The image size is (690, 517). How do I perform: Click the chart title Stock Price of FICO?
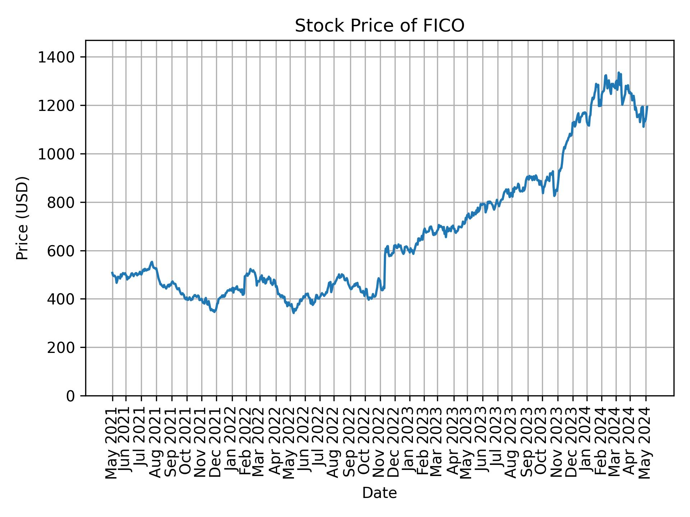[x=379, y=26]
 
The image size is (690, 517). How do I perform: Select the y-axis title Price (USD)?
[x=23, y=218]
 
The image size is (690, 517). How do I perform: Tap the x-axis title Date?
[x=379, y=493]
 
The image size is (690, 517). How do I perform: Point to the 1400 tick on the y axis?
[x=61, y=57]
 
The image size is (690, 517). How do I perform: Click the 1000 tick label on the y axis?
[x=61, y=154]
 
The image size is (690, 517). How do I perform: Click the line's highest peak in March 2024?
[x=618, y=73]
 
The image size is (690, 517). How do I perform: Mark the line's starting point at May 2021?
[x=112, y=273]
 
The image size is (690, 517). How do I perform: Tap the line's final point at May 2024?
[x=647, y=106]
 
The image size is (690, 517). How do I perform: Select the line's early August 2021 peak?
[x=152, y=262]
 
